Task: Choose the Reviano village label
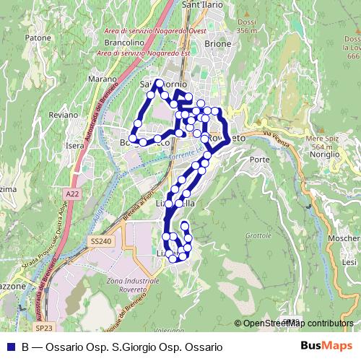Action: (x=63, y=115)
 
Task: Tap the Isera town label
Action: (x=75, y=145)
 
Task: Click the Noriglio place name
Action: (x=325, y=155)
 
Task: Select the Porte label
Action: (x=258, y=159)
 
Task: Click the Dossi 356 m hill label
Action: (x=246, y=26)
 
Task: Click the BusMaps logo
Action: (x=326, y=347)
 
